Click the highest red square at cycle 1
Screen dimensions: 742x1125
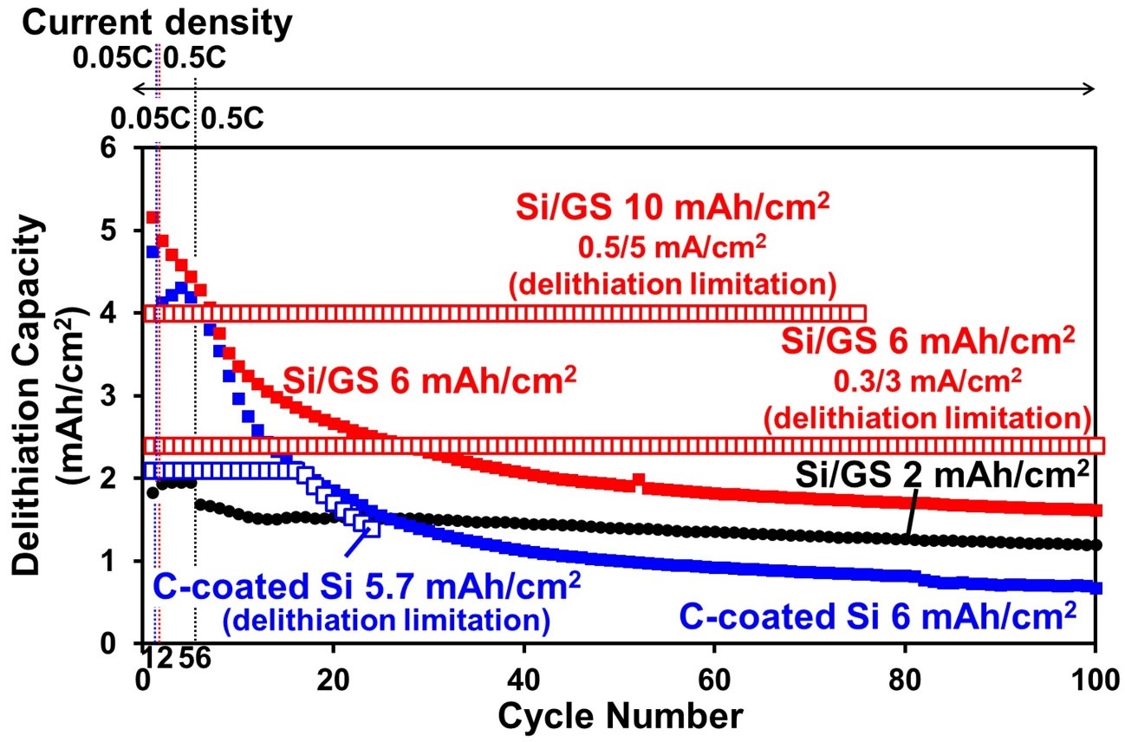click(153, 218)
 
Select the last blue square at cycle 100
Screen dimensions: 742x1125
click(1096, 588)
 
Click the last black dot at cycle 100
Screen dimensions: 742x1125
click(1096, 545)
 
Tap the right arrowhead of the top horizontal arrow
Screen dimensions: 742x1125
click(1091, 88)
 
